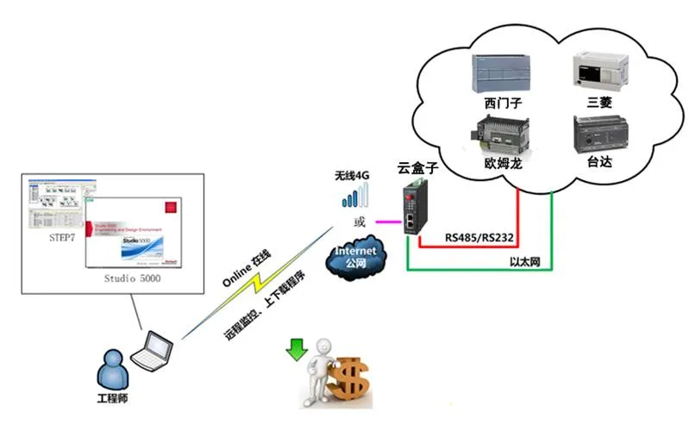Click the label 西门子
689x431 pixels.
[503, 103]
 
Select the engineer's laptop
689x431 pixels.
[158, 351]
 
